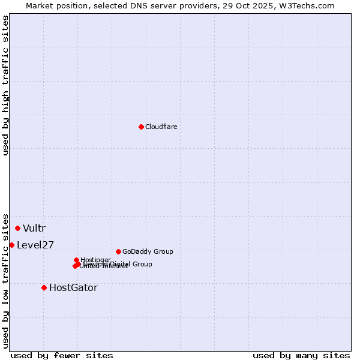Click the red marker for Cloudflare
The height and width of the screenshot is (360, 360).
pyautogui.click(x=141, y=127)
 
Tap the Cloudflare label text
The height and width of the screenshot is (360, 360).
pyautogui.click(x=161, y=127)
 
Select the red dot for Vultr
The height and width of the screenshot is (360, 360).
pyautogui.click(x=17, y=228)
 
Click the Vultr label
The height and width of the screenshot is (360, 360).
pyautogui.click(x=34, y=228)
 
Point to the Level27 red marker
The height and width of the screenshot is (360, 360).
pyautogui.click(x=11, y=245)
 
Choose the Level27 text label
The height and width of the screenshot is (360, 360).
pyautogui.click(x=35, y=245)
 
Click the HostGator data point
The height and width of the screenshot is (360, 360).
pyautogui.click(x=44, y=287)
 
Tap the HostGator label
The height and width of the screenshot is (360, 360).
pyautogui.click(x=73, y=287)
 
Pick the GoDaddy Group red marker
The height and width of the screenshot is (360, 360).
pyautogui.click(x=118, y=251)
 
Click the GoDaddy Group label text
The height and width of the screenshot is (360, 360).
pyautogui.click(x=148, y=251)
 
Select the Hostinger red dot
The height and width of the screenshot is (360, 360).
pyautogui.click(x=76, y=260)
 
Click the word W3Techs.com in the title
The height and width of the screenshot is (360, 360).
pyautogui.click(x=310, y=5)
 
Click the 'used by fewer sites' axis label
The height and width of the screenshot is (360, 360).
pyautogui.click(x=62, y=355)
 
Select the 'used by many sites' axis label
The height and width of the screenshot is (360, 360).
pyautogui.click(x=301, y=355)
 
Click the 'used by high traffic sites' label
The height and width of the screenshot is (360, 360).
pyautogui.click(x=5, y=85)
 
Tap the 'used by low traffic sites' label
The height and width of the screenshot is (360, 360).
pyautogui.click(x=5, y=280)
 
